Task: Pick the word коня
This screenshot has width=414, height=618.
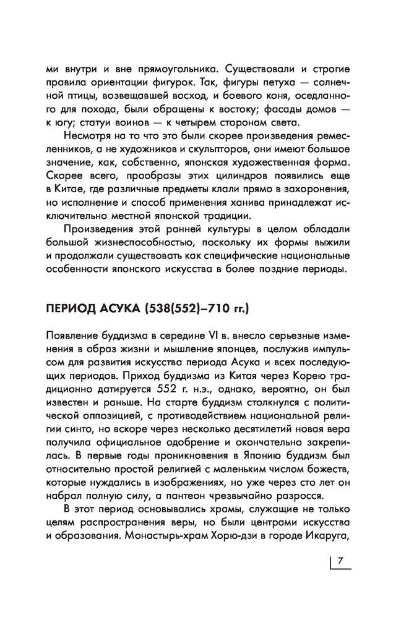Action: coord(278,97)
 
